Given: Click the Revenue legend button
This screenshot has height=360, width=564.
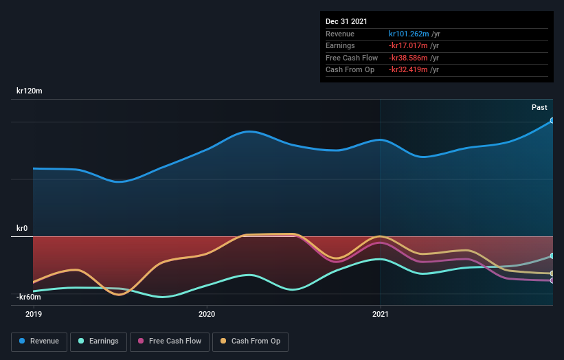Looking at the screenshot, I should (39, 341).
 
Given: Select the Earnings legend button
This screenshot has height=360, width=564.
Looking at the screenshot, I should (98, 341).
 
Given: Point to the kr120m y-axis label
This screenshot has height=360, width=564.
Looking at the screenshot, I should (30, 91).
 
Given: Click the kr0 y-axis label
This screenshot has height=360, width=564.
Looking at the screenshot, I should (23, 228).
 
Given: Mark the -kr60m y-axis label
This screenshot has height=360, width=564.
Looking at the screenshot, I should (28, 297).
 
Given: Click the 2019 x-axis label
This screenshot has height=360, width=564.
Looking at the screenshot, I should (33, 314).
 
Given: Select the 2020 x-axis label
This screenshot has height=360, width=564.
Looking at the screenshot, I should (206, 314).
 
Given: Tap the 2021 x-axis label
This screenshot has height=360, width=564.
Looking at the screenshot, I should (380, 314).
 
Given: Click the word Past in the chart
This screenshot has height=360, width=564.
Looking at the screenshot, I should (539, 107).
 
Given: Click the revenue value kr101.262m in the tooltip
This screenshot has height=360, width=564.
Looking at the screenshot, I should (408, 34).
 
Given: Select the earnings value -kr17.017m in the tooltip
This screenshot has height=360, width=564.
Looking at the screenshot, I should (409, 46).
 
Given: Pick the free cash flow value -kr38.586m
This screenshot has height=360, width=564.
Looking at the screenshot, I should (409, 58).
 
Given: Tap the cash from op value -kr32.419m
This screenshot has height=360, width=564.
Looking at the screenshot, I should (409, 70).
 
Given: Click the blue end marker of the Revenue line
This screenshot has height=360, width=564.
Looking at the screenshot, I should (552, 121).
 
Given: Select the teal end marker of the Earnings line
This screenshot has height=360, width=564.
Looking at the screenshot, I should (552, 256).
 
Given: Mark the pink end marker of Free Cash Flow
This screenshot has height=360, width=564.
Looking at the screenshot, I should (552, 280).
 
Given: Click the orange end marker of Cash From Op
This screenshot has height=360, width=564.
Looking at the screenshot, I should (552, 273).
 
